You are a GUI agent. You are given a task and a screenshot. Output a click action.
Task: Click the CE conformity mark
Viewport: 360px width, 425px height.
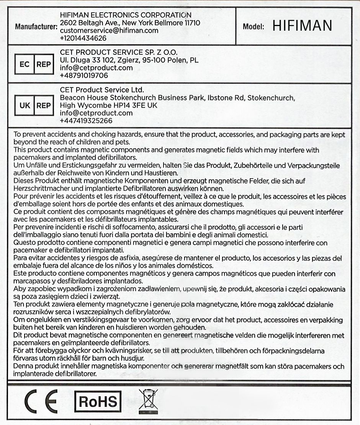click(41, 401)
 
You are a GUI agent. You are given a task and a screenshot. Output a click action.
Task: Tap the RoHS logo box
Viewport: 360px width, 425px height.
click(98, 402)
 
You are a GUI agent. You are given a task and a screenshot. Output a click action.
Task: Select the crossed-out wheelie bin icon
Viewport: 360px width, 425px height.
click(147, 400)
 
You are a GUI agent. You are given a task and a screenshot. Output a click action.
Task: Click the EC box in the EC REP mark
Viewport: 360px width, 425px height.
click(25, 64)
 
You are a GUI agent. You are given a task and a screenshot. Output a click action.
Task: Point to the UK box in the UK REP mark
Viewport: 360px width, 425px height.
click(25, 105)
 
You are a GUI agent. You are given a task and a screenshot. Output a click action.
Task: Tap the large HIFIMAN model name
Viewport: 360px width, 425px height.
click(302, 26)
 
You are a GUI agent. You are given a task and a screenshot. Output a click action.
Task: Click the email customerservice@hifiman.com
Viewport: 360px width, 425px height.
click(109, 31)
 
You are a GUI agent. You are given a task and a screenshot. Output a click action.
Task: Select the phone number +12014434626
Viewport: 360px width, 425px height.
click(83, 38)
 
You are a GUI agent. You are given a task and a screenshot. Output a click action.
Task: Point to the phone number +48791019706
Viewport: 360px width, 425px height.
click(84, 75)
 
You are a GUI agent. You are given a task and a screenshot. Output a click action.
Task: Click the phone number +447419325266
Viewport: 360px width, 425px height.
click(86, 121)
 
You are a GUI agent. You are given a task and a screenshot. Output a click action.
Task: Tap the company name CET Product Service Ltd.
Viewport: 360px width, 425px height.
click(102, 90)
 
